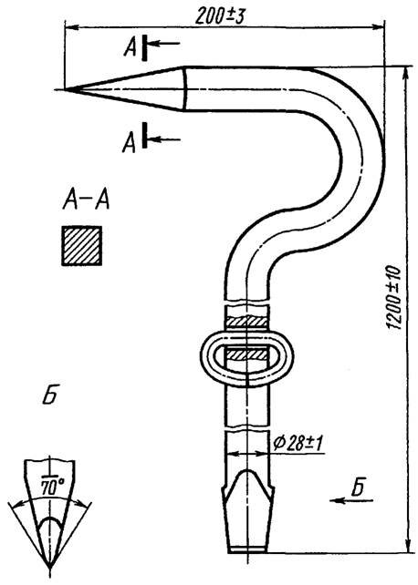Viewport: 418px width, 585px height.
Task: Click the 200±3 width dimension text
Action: coord(220,16)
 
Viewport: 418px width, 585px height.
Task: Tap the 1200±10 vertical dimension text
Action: coord(393,297)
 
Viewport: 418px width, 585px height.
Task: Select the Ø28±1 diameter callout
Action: coord(298,443)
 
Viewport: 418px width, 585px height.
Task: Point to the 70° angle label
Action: coord(52,487)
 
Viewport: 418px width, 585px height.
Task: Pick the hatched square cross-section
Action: coord(82,246)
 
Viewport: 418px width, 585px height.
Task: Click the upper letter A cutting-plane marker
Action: coord(131,47)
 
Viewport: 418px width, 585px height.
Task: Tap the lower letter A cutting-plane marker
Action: coord(130,144)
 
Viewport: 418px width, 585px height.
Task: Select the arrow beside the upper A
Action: coord(164,43)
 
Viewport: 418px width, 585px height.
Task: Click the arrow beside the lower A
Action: coord(164,140)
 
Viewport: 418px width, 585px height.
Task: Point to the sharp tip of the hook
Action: coord(65,89)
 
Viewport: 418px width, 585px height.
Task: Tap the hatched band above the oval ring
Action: coord(247,322)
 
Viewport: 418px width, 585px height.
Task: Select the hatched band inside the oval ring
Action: coord(247,354)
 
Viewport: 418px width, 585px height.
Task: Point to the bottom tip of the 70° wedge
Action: coord(49,569)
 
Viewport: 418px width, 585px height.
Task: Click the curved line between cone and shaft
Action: coord(186,88)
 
